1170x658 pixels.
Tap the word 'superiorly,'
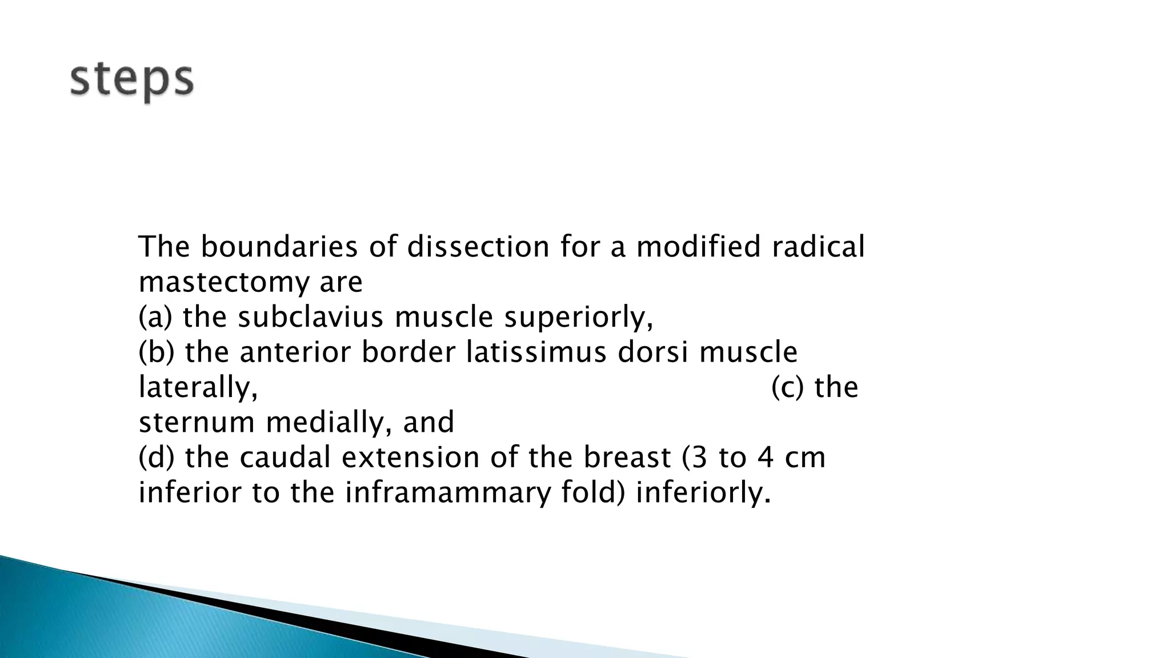[578, 318]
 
